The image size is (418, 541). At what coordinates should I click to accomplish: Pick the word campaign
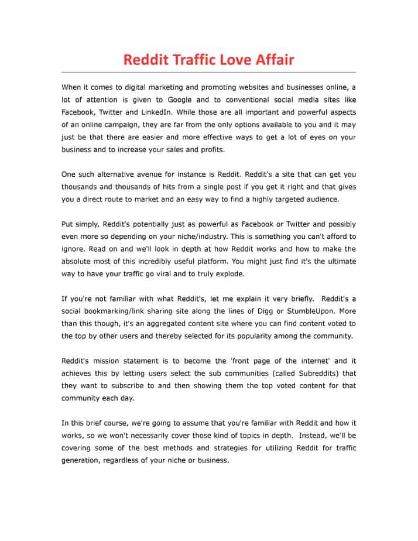pyautogui.click(x=121, y=125)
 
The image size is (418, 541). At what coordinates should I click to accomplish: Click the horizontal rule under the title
pyautogui.click(x=209, y=72)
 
